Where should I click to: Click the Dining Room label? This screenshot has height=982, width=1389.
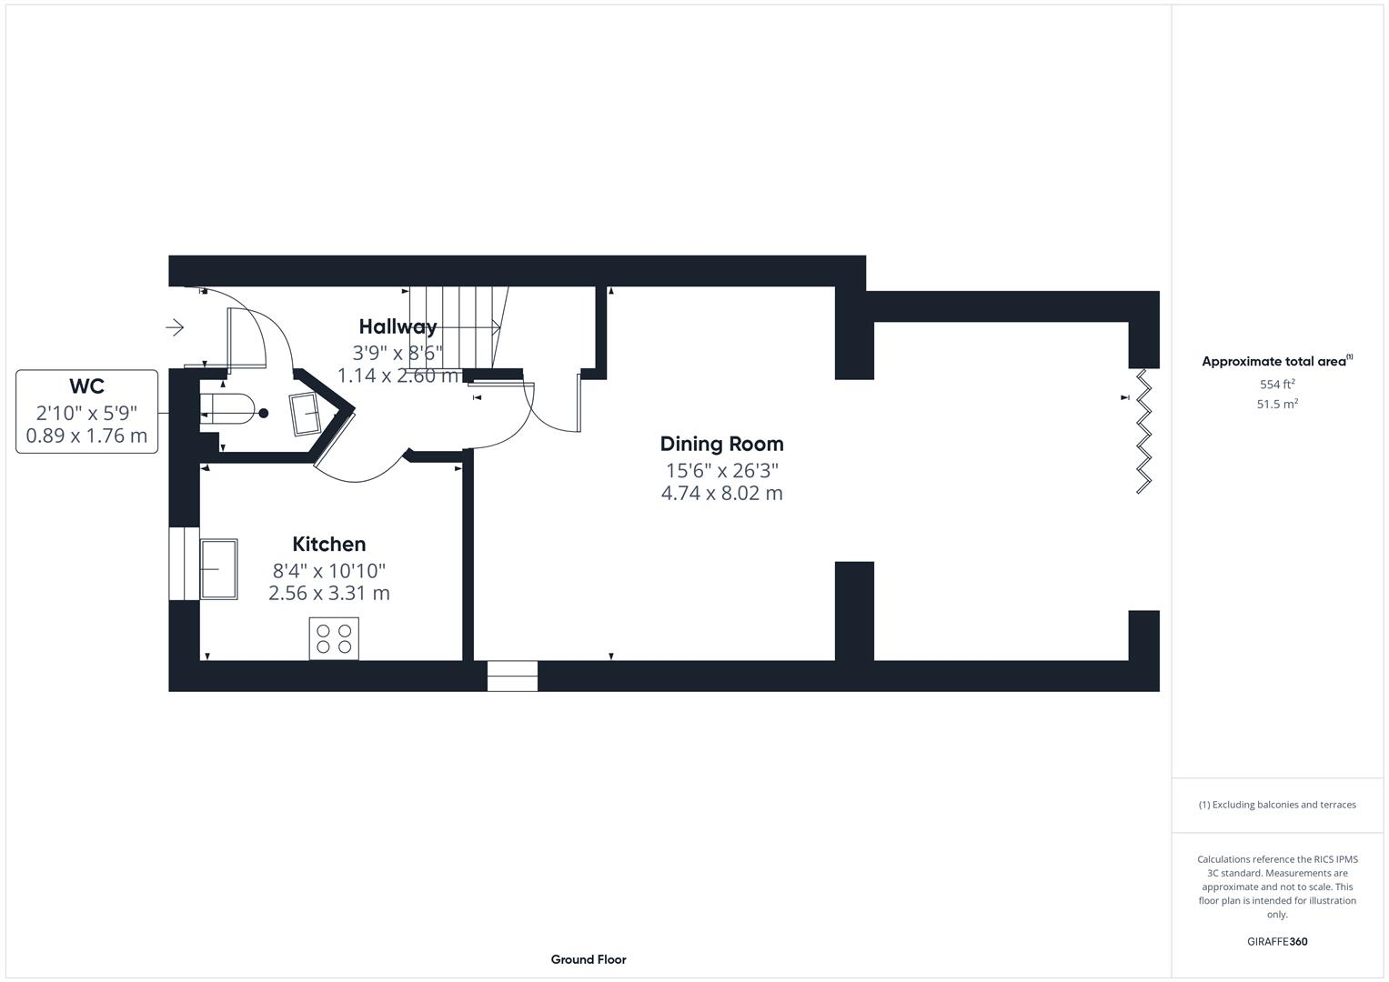[721, 444]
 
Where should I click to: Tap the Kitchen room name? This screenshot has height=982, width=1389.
[328, 544]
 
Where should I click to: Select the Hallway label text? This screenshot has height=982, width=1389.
[398, 326]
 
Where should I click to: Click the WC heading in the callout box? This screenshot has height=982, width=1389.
[86, 386]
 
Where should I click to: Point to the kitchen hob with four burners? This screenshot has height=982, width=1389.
[334, 638]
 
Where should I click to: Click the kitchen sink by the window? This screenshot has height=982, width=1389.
[218, 569]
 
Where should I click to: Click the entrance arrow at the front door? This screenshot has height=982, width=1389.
[175, 327]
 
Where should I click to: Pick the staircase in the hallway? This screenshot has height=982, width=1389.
[455, 327]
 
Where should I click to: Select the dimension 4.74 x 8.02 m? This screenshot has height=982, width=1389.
[721, 494]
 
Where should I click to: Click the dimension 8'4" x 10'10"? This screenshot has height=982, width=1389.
[329, 571]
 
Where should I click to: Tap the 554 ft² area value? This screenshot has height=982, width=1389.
[1277, 385]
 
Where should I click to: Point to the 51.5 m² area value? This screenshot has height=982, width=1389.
[1277, 405]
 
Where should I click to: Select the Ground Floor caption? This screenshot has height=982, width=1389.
[589, 959]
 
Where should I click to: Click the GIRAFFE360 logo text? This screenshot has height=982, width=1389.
[1277, 941]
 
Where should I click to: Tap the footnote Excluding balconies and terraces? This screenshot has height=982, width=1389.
[1277, 805]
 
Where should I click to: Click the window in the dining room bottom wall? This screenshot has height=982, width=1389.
[512, 676]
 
